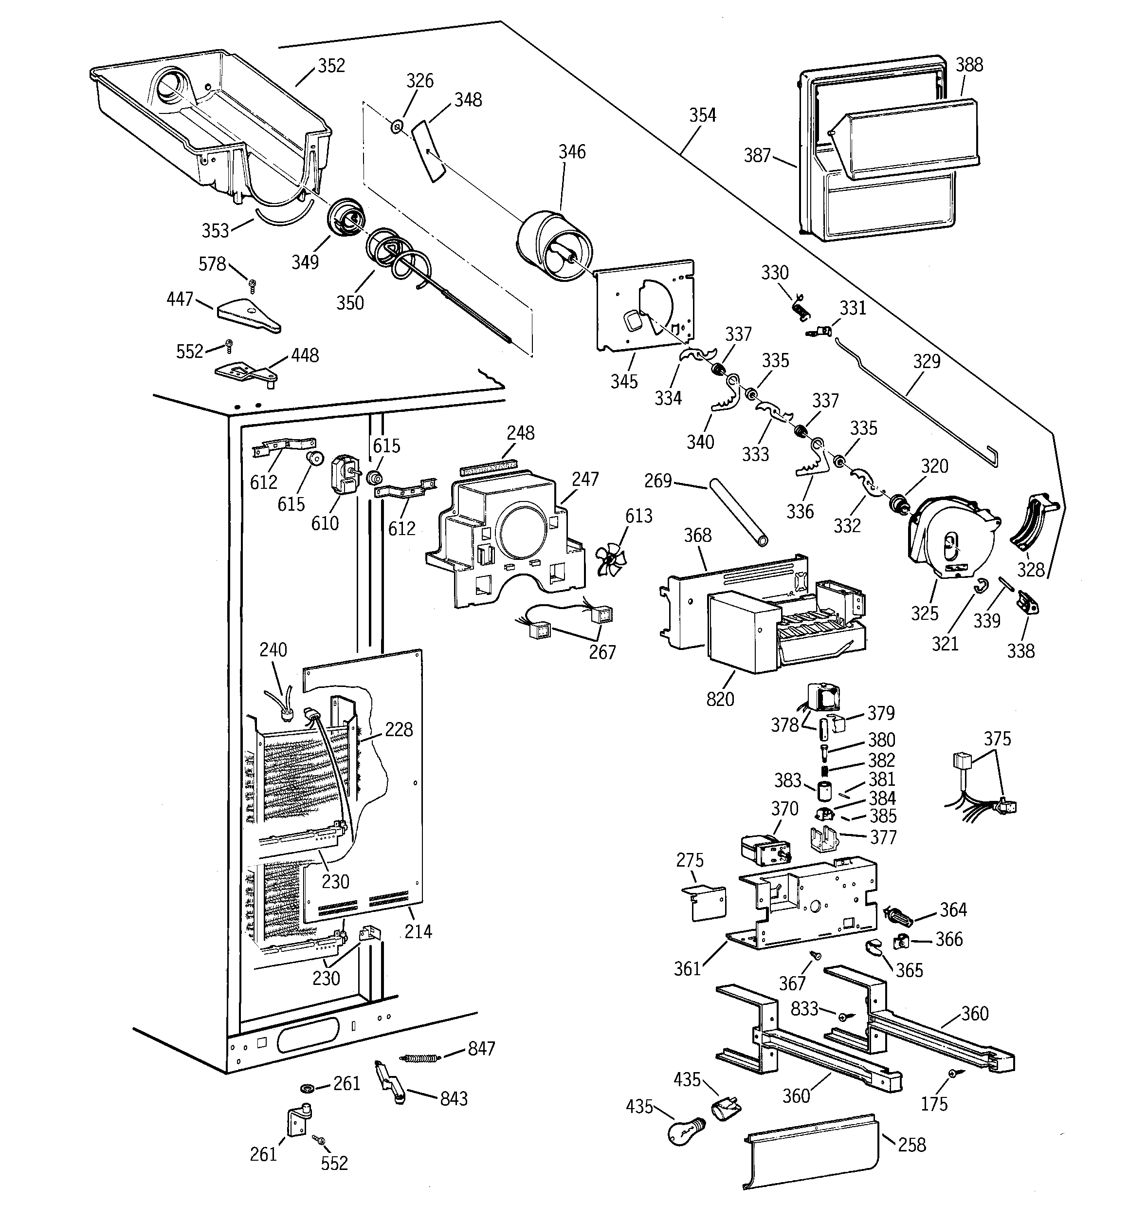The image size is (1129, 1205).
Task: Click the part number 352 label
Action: (x=331, y=65)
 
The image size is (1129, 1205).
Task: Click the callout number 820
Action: (x=720, y=699)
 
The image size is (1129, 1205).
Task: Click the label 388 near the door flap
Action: (x=969, y=65)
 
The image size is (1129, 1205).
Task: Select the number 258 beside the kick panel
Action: (x=911, y=1145)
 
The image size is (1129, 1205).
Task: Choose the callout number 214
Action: (x=418, y=931)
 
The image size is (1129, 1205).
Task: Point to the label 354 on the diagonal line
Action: (x=702, y=115)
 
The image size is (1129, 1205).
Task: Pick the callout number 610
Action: (x=325, y=522)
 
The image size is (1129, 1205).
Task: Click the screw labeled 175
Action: (x=953, y=1073)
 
